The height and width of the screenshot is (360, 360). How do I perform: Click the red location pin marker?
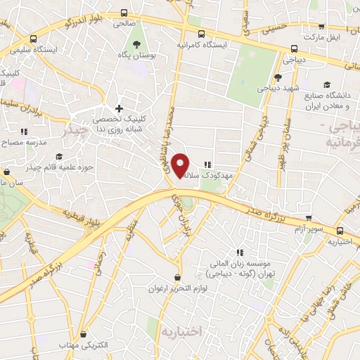tap(181, 165)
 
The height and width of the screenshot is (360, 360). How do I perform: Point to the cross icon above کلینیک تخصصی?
tap(119, 109)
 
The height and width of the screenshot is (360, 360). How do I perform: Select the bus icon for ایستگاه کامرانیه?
tap(201, 34)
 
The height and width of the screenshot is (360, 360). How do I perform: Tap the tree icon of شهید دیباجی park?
tap(278, 77)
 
